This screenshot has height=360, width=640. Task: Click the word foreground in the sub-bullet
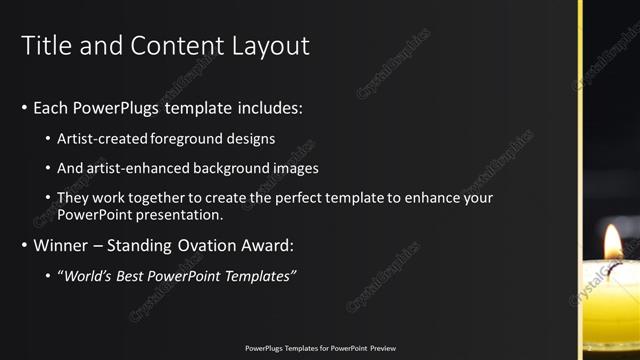186,139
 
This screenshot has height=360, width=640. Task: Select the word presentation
178,215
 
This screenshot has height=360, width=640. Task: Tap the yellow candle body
612,310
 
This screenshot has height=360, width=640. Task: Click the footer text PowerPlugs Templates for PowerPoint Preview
320,348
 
